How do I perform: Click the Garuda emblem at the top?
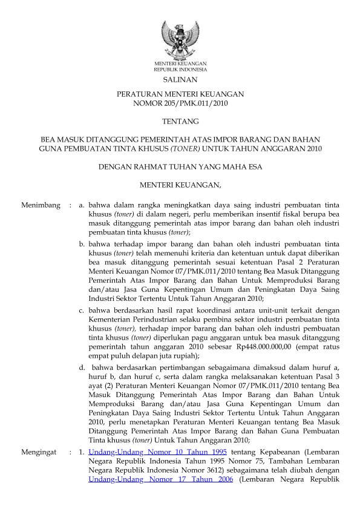click(180, 38)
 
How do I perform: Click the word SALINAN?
click(180, 79)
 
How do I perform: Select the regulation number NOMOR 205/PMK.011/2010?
click(180, 104)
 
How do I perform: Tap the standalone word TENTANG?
click(180, 121)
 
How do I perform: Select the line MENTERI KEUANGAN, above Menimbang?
click(180, 183)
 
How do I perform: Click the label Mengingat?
click(39, 452)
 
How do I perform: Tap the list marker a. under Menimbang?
click(82, 206)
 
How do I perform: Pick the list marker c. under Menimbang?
click(82, 310)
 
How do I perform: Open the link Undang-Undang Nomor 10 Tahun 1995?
click(157, 452)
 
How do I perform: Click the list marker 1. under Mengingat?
click(82, 452)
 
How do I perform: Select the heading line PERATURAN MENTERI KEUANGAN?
click(180, 95)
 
